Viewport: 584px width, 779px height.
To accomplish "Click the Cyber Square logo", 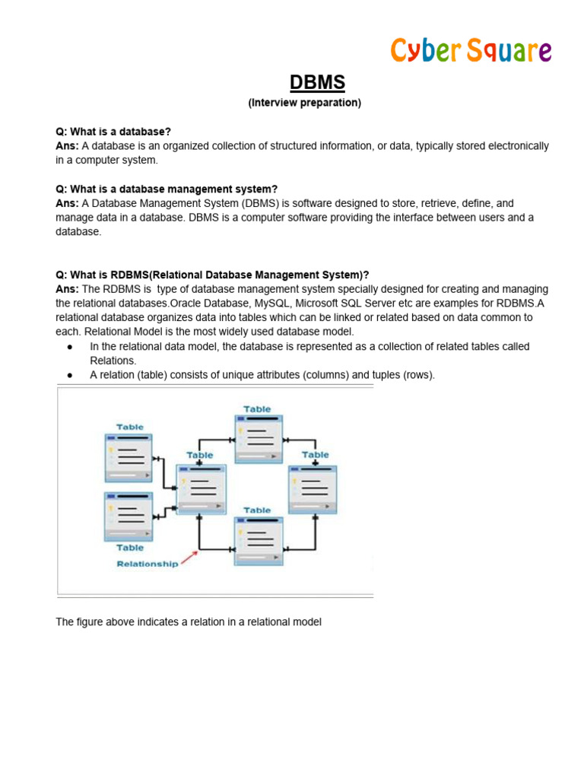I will click(471, 50).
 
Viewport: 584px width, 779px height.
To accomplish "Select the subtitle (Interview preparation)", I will click(304, 103).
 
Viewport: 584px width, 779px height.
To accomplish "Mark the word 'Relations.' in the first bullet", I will click(113, 361).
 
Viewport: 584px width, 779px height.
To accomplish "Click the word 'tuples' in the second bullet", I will click(385, 375).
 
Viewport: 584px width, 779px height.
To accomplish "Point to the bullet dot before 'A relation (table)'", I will click(70, 375).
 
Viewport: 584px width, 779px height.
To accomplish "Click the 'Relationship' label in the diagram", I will click(148, 564).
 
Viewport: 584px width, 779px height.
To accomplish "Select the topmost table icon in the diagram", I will click(257, 438).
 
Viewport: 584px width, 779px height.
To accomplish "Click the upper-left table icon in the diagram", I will click(128, 456).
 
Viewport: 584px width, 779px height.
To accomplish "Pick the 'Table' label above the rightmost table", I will click(316, 455).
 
